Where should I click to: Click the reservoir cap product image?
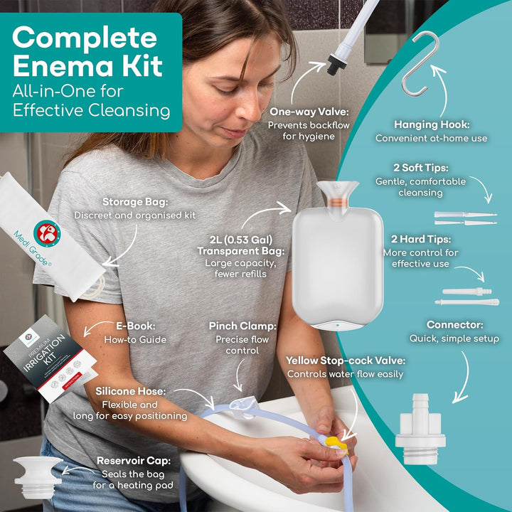pyautogui.click(x=36, y=475)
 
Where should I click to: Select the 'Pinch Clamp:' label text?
pyautogui.click(x=242, y=326)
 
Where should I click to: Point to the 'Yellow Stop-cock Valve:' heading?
pyautogui.click(x=346, y=361)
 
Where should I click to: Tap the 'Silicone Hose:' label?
pyautogui.click(x=132, y=390)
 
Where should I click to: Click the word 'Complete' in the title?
pyautogui.click(x=84, y=38)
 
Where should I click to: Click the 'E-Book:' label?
pyautogui.click(x=136, y=327)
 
